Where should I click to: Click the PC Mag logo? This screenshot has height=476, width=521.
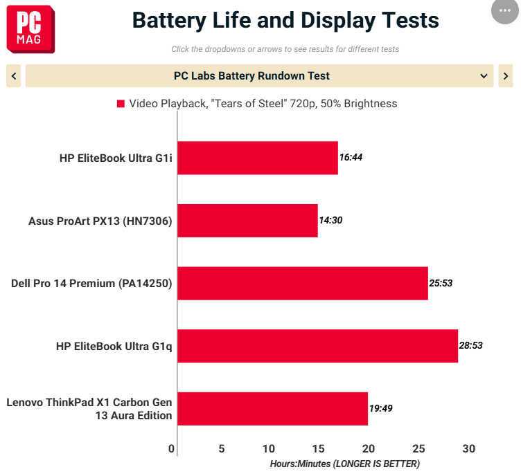[30, 29]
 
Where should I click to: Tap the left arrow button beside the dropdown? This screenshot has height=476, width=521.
[14, 76]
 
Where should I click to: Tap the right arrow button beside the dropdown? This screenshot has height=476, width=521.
[505, 76]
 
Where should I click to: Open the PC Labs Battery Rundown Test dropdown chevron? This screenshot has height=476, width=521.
[484, 76]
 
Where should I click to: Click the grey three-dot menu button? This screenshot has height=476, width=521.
[505, 10]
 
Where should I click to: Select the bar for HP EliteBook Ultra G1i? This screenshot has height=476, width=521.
[258, 158]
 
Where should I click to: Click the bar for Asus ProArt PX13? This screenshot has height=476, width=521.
[247, 221]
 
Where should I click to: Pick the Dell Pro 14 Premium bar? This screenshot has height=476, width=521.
[303, 283]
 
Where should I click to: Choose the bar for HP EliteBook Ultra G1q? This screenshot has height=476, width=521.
[317, 346]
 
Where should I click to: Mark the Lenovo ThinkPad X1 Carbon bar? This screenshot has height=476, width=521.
[273, 409]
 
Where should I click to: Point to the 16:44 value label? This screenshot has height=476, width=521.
[351, 157]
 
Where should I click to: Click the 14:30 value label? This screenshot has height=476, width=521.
[330, 220]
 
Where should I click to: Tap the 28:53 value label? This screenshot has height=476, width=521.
[471, 345]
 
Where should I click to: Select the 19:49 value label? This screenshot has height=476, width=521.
[381, 408]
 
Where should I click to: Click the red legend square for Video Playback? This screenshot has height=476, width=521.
[121, 104]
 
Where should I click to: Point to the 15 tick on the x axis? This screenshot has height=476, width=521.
[318, 449]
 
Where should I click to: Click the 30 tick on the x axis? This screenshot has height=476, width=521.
[469, 449]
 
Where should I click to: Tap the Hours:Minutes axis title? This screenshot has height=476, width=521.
[345, 464]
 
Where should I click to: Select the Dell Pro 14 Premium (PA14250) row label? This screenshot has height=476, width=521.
[91, 284]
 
